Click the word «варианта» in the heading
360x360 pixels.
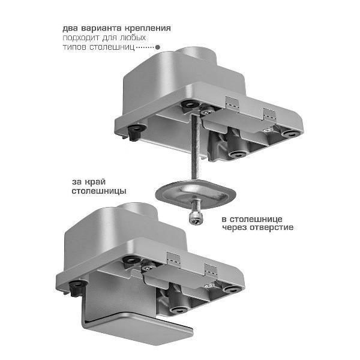tap(101, 28)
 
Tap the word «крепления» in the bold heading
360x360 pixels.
tap(148, 28)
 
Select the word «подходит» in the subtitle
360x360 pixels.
tap(81, 38)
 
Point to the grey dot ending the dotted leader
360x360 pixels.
tap(157, 47)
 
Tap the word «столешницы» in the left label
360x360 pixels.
tap(99, 191)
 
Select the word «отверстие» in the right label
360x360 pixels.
tap(272, 227)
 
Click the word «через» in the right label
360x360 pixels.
tap(235, 227)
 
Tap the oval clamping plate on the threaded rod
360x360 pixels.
tap(196, 194)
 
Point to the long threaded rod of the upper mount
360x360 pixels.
tap(194, 147)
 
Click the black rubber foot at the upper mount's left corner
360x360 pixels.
tap(136, 132)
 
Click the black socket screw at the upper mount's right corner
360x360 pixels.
tap(290, 134)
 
